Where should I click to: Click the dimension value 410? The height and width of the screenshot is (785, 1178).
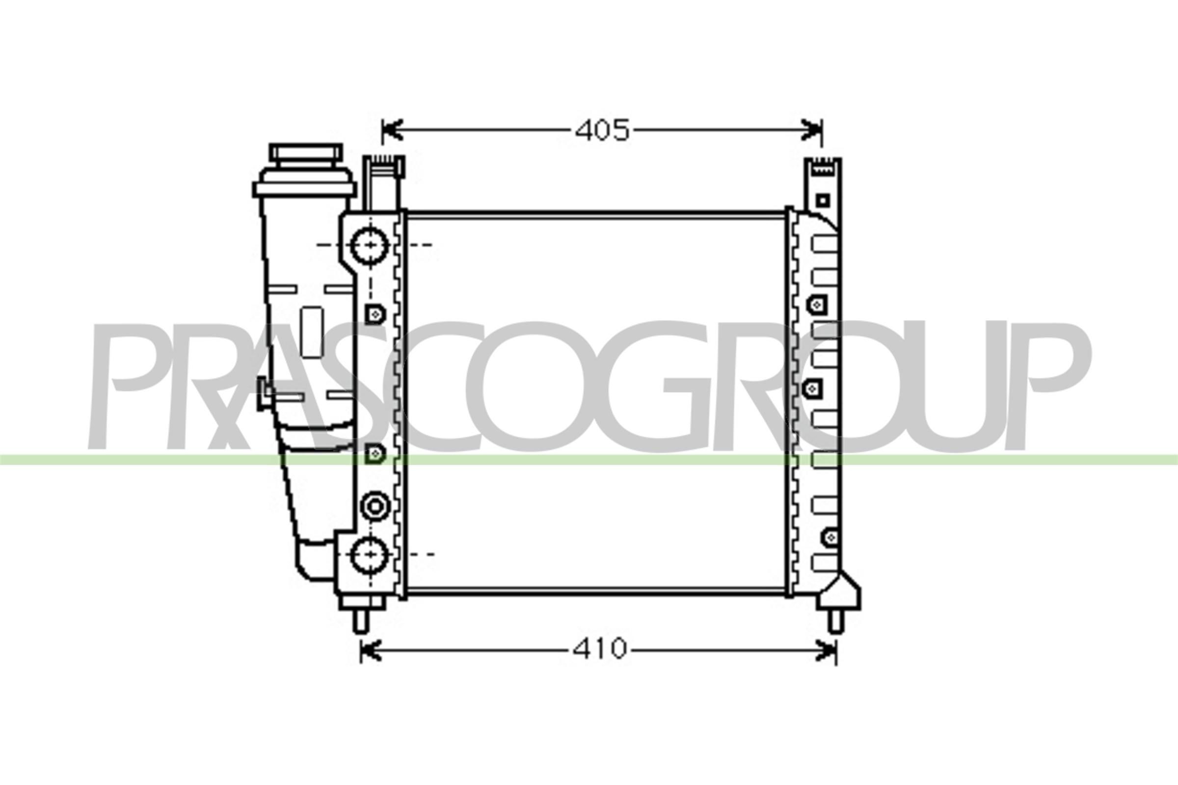point(599,649)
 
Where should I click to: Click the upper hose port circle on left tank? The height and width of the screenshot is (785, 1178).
point(370,245)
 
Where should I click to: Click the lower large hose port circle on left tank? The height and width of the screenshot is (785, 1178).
point(370,554)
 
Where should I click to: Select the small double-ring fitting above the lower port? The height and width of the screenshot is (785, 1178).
point(375,507)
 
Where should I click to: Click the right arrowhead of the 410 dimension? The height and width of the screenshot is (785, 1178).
point(827,650)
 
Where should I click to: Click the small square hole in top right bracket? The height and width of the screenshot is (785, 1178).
point(823,201)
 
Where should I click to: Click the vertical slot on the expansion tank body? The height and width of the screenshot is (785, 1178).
point(313,332)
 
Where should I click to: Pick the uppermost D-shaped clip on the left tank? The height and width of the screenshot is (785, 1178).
point(375,314)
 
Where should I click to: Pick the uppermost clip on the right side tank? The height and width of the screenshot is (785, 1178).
point(817,304)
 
